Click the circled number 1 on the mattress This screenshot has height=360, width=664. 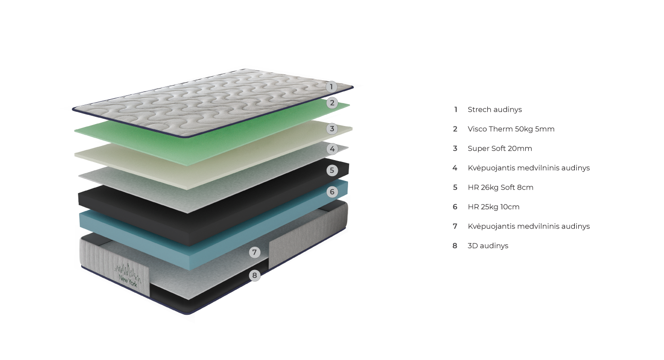coord(332,87)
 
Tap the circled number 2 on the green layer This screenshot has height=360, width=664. coord(332,103)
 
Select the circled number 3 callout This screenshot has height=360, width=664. coord(332,129)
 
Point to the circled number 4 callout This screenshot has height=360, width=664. coord(332,149)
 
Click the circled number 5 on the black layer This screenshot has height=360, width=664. coord(332,170)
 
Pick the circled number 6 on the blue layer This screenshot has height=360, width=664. coord(332,192)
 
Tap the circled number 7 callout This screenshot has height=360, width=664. coord(255,252)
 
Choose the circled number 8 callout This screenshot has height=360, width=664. coord(255,275)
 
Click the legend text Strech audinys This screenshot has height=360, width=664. coord(495,109)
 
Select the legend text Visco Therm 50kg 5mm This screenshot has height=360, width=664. coord(511,129)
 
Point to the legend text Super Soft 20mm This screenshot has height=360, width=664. coord(499,148)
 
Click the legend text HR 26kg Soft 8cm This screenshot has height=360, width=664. coord(500,187)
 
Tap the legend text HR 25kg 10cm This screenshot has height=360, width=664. coord(493,207)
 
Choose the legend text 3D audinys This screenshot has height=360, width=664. coord(488,246)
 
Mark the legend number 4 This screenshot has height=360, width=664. coord(455,168)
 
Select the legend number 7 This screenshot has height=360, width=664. coord(455,226)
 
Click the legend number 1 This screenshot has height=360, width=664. coord(456,109)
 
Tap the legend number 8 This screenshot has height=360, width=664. coord(455,246)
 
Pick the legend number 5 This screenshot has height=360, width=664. coord(455,187)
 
